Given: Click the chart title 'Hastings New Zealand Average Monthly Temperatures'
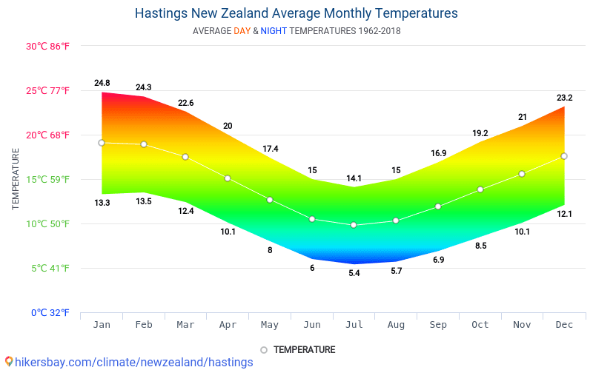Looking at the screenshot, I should [x=296, y=13].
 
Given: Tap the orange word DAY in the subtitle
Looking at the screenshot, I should [x=242, y=31].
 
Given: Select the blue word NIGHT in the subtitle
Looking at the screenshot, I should [x=274, y=31].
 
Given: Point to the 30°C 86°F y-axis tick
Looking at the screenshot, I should [x=48, y=46].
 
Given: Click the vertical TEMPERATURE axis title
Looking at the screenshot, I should [x=16, y=178].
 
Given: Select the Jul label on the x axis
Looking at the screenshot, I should [x=354, y=325].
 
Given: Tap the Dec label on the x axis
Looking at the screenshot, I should [x=564, y=325].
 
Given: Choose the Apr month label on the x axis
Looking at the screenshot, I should [x=228, y=325].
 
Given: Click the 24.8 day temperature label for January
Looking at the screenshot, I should [x=102, y=83].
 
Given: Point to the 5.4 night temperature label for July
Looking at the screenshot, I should [x=354, y=273].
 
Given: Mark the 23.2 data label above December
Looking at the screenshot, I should [x=564, y=97].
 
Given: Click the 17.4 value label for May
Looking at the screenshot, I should [x=270, y=149].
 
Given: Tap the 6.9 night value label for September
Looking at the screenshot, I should [x=438, y=260].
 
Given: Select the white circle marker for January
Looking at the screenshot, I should [x=102, y=143].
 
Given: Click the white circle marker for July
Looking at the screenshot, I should [x=354, y=225].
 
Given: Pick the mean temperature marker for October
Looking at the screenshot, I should [x=480, y=189].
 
